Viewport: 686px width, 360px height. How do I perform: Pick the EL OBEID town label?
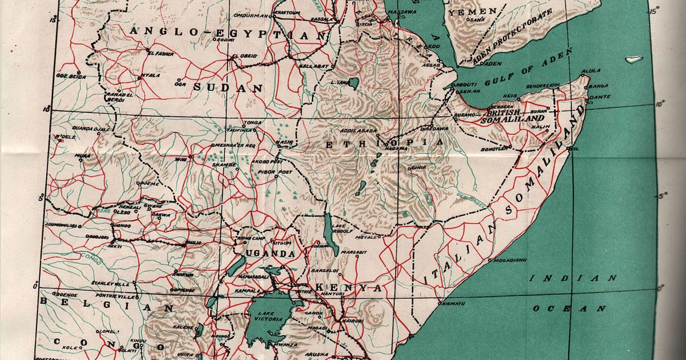pos(245,56)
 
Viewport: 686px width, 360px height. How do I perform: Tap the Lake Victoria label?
pos(270,316)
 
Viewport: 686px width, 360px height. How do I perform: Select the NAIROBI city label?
pos(352,321)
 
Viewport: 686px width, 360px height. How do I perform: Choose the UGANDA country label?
pos(270,253)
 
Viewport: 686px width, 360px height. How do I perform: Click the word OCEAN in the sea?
pos(569,309)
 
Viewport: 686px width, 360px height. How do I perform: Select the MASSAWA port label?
pos(402,11)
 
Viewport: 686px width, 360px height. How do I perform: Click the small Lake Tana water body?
pos(354,83)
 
